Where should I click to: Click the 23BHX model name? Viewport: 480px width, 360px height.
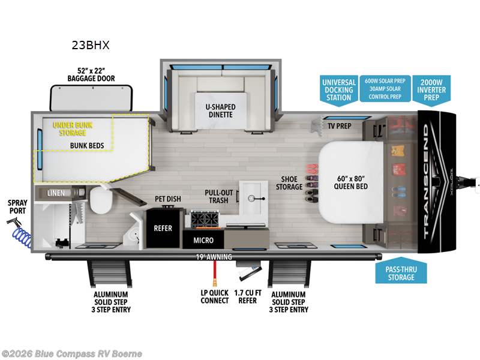(x=91, y=44)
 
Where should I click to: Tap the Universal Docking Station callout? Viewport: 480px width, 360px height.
(x=339, y=90)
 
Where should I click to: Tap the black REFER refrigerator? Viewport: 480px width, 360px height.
(x=163, y=228)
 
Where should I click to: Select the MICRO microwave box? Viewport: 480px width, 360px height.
(x=203, y=240)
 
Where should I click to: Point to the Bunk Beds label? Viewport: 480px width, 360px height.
(x=87, y=146)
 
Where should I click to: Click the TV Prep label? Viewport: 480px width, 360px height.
(x=340, y=126)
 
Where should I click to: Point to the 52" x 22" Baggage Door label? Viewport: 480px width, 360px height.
(x=91, y=74)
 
